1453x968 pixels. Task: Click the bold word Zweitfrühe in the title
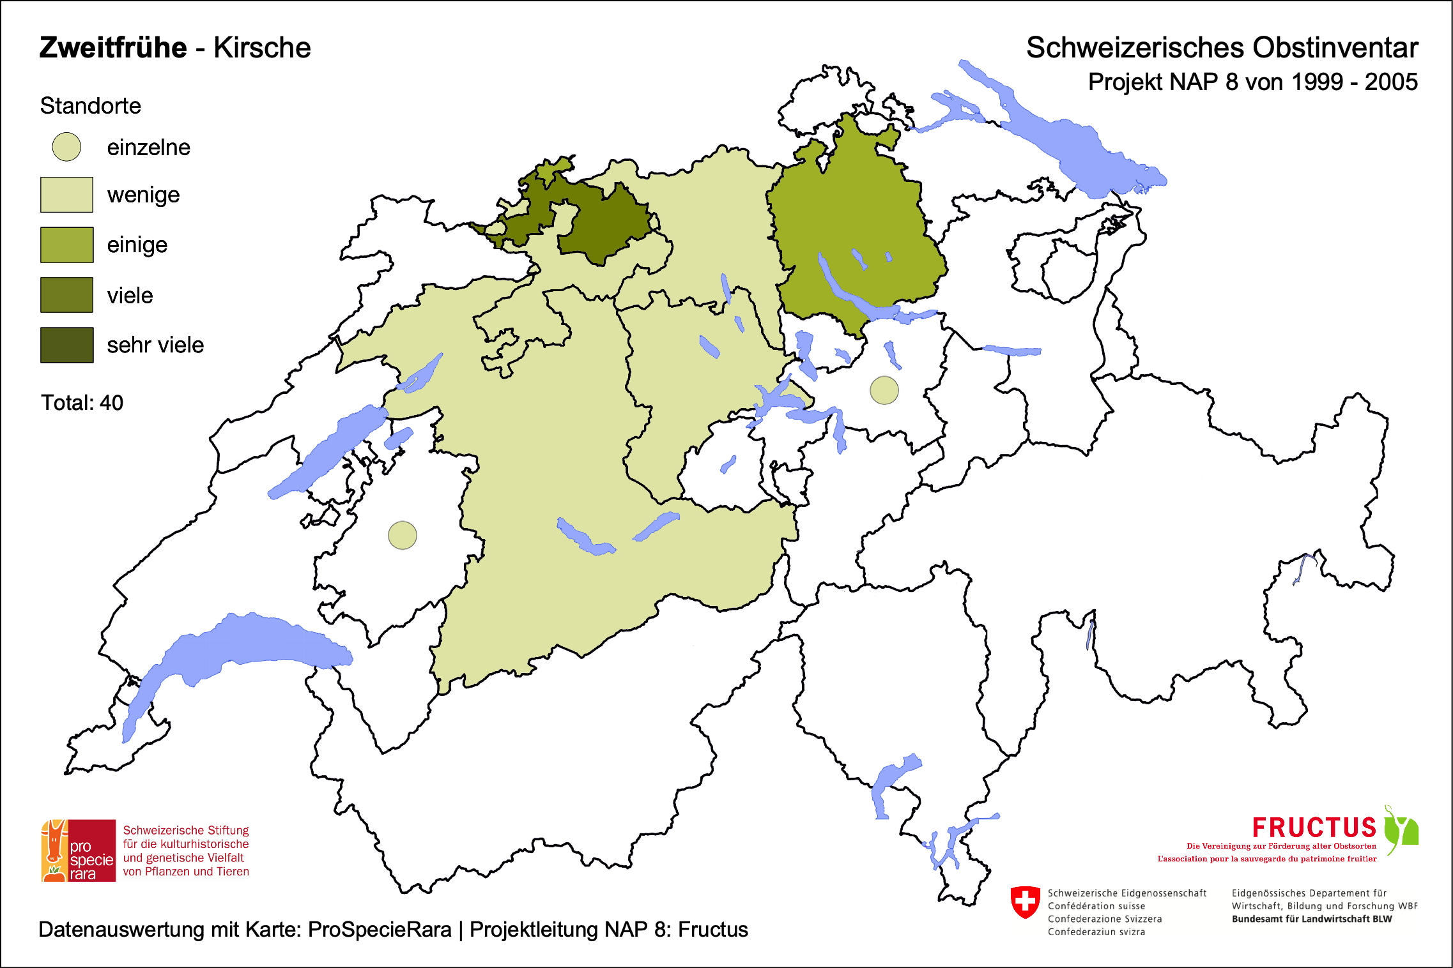coord(113,48)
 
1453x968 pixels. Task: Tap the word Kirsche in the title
coord(262,48)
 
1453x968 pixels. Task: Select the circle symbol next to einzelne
coord(66,147)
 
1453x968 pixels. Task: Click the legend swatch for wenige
coord(66,195)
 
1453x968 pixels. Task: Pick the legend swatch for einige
coord(66,245)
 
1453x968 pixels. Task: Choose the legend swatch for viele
coord(66,295)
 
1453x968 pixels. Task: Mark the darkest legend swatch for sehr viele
coord(66,345)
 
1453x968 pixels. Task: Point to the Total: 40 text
coord(82,403)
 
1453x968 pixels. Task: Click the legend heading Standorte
coord(90,106)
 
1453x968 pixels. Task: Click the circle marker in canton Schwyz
coord(884,390)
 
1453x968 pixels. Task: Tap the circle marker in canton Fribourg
coord(403,535)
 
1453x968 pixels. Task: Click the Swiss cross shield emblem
coord(1025,902)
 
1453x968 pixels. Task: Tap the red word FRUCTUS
coord(1314,828)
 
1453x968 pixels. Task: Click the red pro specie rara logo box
coord(79,851)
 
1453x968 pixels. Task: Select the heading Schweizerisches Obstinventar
coord(1222,48)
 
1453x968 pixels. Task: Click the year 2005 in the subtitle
coord(1391,82)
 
